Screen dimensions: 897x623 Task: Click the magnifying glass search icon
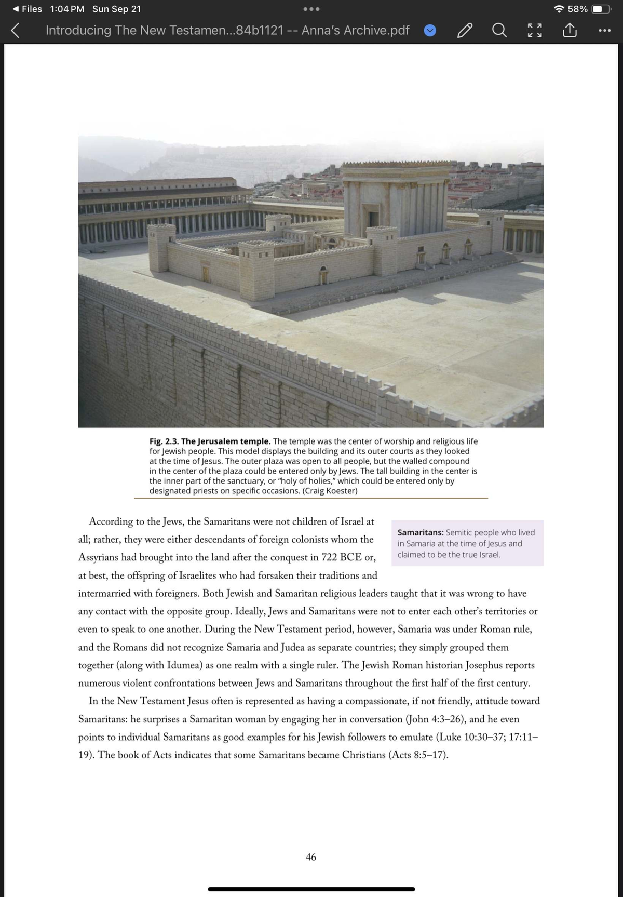[499, 30]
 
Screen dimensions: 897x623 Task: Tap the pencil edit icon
[465, 31]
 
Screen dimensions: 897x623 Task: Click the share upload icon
[570, 30]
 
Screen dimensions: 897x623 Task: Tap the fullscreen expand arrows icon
[535, 30]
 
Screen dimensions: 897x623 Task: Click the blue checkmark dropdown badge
[430, 31]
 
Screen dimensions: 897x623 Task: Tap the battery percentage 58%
[577, 9]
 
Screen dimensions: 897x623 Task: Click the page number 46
[310, 856]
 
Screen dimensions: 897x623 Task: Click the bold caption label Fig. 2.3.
[164, 441]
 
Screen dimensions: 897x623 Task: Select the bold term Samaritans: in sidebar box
[420, 532]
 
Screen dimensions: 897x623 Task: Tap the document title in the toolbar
[227, 30]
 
